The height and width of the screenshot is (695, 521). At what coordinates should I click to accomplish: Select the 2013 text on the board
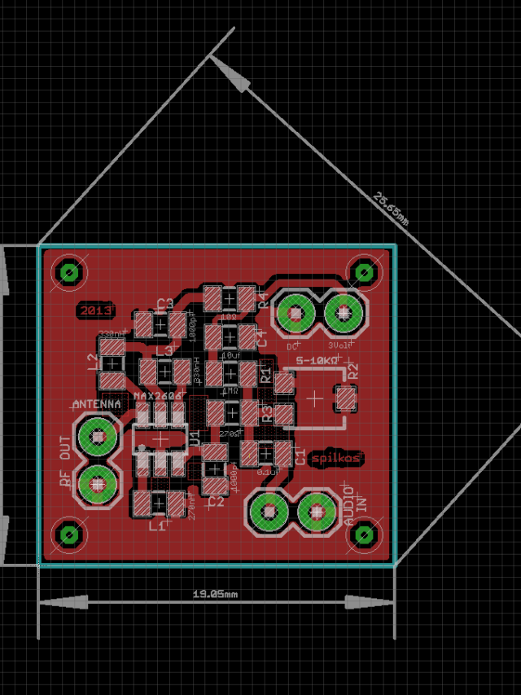(x=95, y=310)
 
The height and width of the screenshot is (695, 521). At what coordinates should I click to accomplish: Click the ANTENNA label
(x=97, y=403)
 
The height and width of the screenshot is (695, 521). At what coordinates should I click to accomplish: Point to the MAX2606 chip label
(x=159, y=396)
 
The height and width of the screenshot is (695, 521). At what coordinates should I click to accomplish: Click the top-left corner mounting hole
(x=69, y=272)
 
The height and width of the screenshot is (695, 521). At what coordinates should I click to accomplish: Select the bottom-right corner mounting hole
(x=363, y=534)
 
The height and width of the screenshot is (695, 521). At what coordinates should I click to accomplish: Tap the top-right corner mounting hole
(x=363, y=272)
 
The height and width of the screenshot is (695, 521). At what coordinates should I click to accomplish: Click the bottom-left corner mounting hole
(x=69, y=534)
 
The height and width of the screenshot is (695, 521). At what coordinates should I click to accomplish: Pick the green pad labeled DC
(x=295, y=312)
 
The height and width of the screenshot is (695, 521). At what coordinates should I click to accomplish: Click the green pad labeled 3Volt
(x=343, y=312)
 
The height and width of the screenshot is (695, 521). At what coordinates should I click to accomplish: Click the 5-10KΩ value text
(x=317, y=359)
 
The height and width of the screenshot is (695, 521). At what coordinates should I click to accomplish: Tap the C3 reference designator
(x=165, y=304)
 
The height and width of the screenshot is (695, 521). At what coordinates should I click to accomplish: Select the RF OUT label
(x=66, y=460)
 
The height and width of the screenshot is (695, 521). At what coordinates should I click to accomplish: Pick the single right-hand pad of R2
(x=346, y=398)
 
